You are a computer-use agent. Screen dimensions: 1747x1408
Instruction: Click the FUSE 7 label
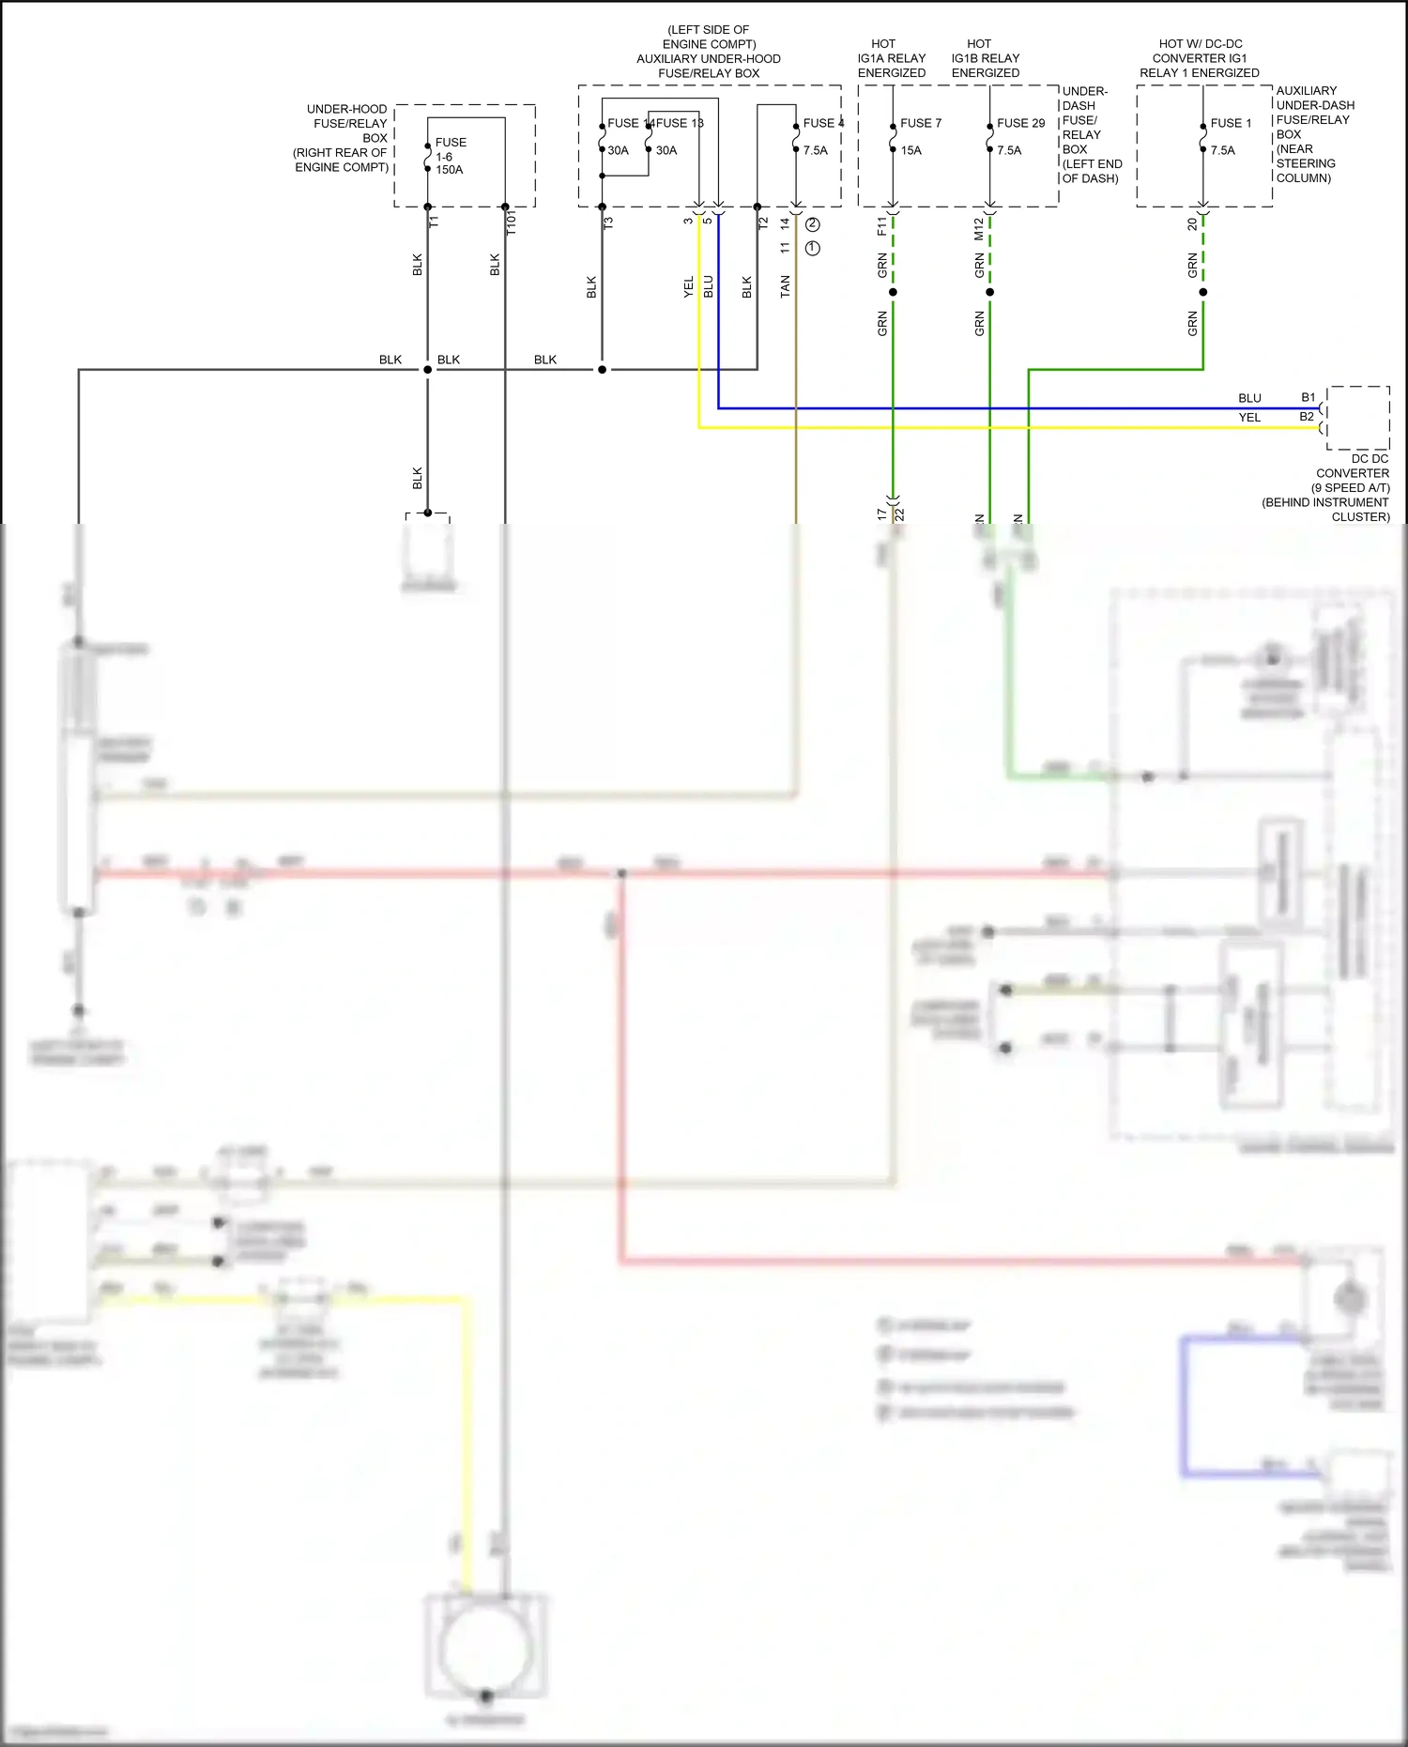[920, 123]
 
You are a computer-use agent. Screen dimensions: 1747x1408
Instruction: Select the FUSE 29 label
[1020, 123]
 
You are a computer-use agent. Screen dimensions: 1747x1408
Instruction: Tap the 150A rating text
[449, 170]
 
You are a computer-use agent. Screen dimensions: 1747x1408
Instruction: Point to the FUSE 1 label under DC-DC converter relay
[1230, 123]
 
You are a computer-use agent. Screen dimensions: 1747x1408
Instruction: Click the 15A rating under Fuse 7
[911, 150]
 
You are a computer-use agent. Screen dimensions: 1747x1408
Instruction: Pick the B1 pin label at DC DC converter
[1308, 397]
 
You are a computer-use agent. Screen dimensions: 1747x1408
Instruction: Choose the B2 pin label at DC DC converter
[1307, 417]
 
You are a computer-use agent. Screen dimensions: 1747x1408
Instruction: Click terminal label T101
[512, 222]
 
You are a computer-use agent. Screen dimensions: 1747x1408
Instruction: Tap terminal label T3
[608, 223]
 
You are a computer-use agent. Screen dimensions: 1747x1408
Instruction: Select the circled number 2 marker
[813, 224]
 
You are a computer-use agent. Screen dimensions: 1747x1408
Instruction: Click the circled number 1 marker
[813, 248]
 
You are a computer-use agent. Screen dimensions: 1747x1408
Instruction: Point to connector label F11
[881, 226]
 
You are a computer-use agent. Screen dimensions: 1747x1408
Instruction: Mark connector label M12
[978, 228]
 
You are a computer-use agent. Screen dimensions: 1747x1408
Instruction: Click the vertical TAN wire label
[785, 287]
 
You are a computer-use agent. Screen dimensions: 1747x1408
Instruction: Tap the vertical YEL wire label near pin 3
[688, 287]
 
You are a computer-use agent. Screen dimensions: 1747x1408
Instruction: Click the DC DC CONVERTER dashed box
[1357, 418]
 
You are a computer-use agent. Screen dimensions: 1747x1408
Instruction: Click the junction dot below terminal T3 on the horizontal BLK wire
[602, 370]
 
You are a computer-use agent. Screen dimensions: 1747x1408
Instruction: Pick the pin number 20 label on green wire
[1192, 224]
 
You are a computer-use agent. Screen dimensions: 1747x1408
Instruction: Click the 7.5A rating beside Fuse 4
[815, 150]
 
